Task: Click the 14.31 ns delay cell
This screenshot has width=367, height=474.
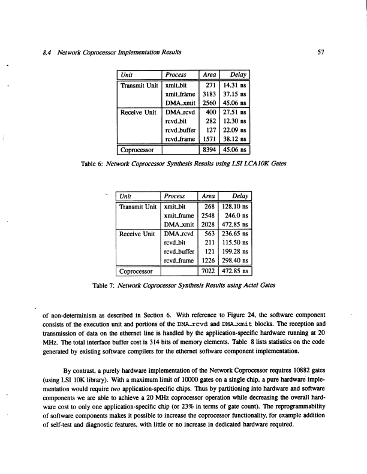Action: [x=236, y=86]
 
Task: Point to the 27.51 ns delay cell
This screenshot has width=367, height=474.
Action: [x=236, y=111]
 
